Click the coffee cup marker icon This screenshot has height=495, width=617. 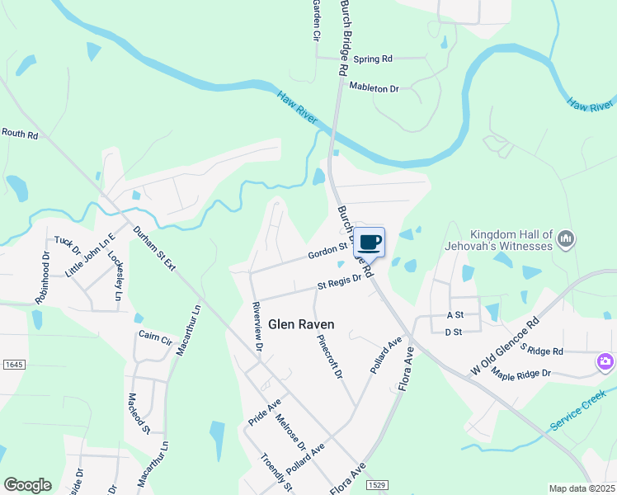pos(370,243)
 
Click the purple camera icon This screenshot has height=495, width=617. pos(605,362)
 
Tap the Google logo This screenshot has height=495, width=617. pos(27,485)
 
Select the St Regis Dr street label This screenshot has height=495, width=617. pos(341,283)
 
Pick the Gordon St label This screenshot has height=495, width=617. pos(327,250)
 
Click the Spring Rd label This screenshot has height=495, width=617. pos(373,59)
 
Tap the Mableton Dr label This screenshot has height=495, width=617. pos(374,87)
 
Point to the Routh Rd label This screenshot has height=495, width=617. pos(21,133)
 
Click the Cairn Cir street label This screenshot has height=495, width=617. pos(155,339)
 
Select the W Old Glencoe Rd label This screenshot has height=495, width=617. pos(506,346)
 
